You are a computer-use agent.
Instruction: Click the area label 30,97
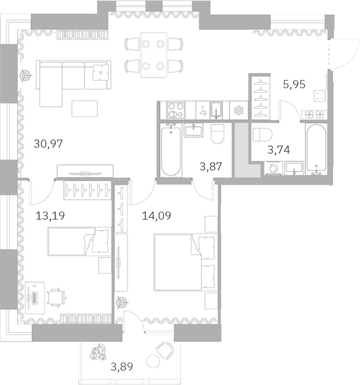pyautogui.click(x=48, y=143)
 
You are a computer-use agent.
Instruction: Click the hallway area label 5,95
pyautogui.click(x=295, y=84)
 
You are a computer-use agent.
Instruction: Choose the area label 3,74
pyautogui.click(x=279, y=150)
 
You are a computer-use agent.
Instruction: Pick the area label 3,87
pyautogui.click(x=210, y=167)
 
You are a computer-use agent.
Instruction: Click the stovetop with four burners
pyautogui.click(x=176, y=110)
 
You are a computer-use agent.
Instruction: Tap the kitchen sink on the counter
pyautogui.click(x=216, y=110)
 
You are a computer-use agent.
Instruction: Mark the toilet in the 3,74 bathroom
pyautogui.click(x=260, y=135)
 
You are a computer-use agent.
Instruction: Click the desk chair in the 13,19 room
pyautogui.click(x=56, y=297)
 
